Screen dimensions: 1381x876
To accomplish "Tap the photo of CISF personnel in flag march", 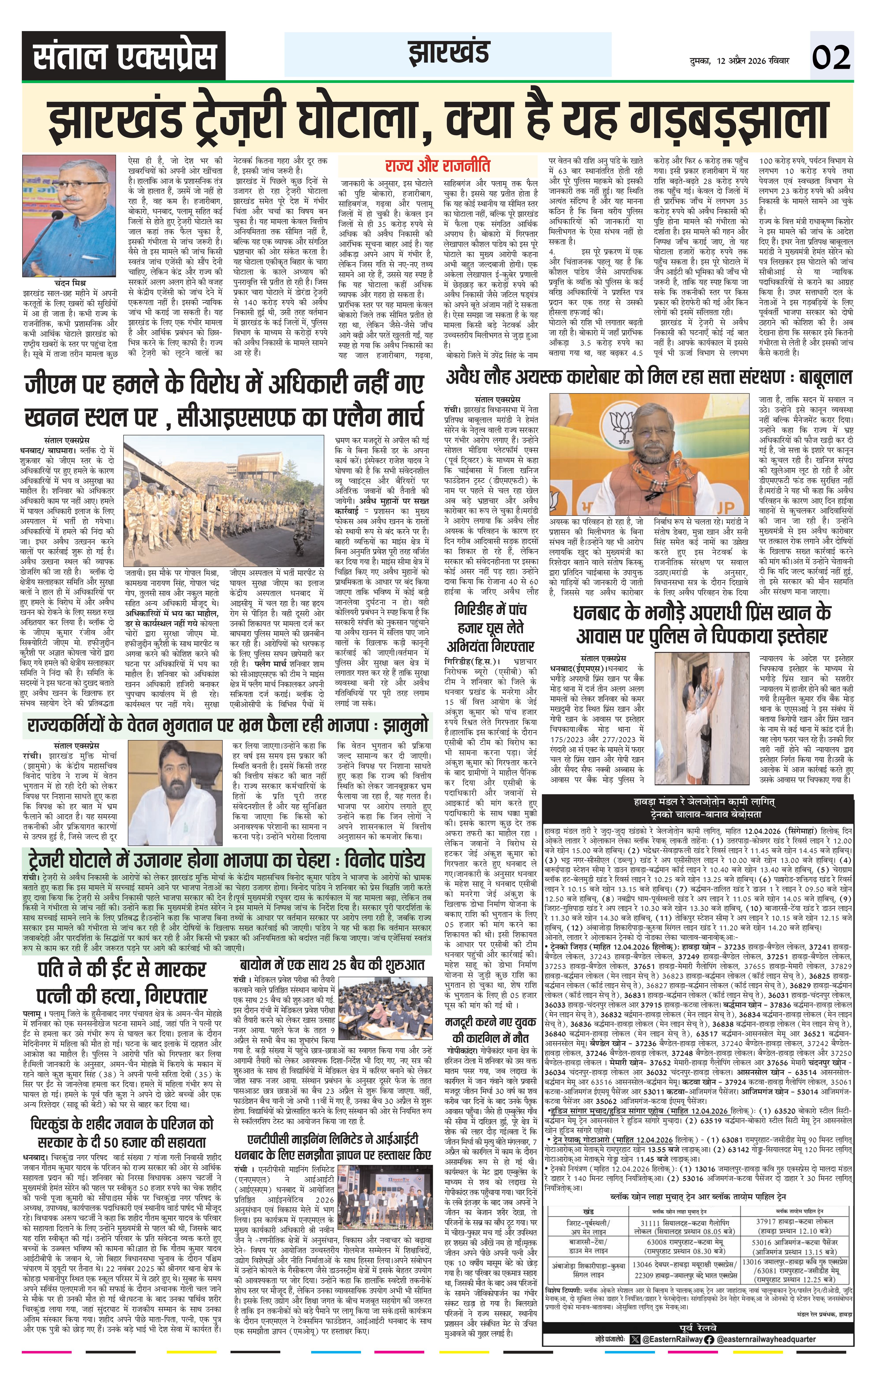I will click(223, 505).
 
